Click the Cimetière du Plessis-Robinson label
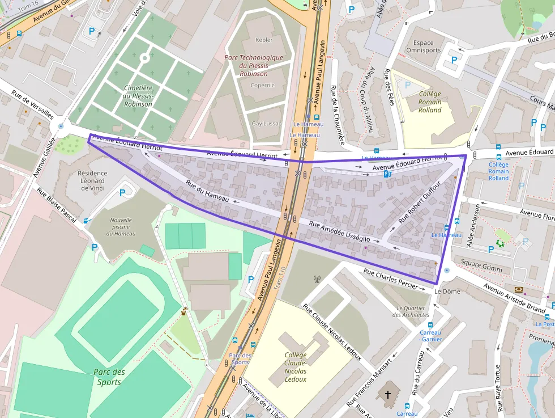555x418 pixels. tap(138, 96)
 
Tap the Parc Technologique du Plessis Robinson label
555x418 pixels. tap(253, 65)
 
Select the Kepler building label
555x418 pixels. tap(264, 40)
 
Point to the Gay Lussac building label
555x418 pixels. tap(266, 124)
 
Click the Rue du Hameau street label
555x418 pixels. tap(207, 192)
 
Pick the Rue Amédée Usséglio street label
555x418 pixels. tap(339, 232)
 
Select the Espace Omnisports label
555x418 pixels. tap(423, 47)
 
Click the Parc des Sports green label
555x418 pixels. tap(109, 377)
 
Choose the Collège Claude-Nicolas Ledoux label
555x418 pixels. tap(296, 367)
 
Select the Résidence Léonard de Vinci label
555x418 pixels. tap(92, 180)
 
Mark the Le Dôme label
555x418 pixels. tap(447, 291)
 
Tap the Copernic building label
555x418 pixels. tap(262, 85)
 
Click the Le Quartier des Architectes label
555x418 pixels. tap(411, 311)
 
